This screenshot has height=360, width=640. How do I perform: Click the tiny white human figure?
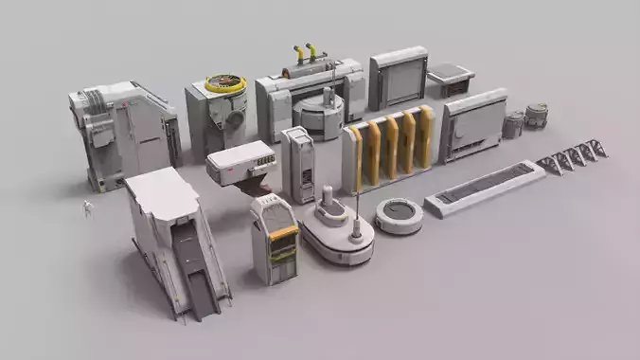(x=86, y=208)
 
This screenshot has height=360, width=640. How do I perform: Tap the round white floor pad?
(x=399, y=214)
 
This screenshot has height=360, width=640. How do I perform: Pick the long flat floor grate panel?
(x=486, y=186)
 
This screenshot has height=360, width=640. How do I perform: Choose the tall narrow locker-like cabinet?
(x=298, y=163)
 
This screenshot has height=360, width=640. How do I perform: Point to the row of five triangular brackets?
(x=572, y=155)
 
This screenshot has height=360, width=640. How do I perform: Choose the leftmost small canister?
(x=513, y=125)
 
